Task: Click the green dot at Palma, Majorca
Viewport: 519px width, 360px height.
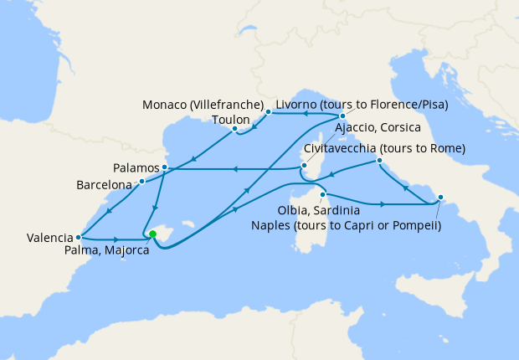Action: pos(152,235)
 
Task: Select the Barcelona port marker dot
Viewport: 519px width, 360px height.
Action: pos(142,181)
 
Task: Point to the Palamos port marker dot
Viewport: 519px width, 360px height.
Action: pos(165,167)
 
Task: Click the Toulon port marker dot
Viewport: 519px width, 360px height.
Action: pos(234,129)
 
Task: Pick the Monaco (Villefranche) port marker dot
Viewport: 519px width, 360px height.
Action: pos(268,111)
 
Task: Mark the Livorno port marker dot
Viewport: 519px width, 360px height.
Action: pos(342,116)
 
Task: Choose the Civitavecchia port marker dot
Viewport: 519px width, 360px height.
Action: pos(380,160)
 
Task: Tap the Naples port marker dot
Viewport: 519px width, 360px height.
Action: pos(442,199)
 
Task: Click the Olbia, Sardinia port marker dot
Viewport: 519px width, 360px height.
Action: pos(322,195)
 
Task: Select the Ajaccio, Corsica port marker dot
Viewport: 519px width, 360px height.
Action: pos(302,168)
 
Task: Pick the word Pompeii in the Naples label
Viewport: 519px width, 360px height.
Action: pos(414,224)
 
